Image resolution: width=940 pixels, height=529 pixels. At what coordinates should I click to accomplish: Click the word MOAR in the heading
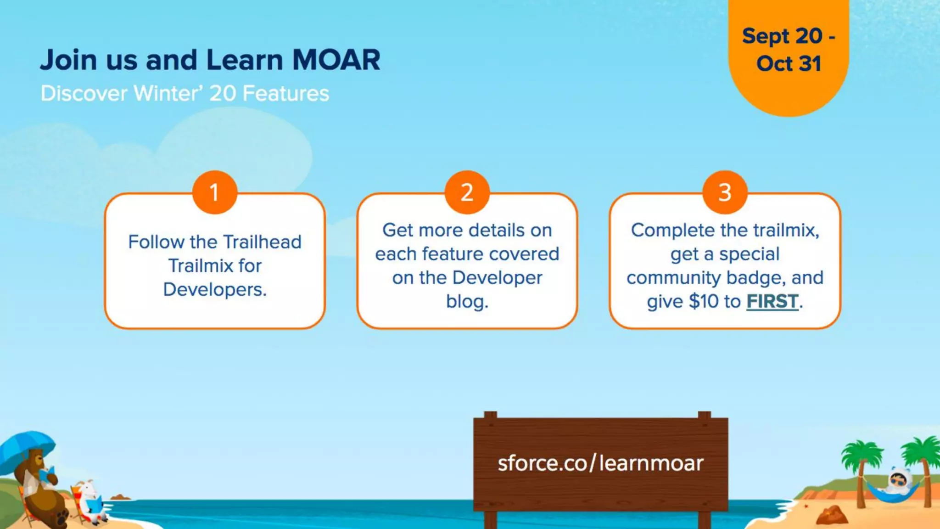(336, 60)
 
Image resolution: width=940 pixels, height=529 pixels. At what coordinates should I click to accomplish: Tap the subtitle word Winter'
(168, 93)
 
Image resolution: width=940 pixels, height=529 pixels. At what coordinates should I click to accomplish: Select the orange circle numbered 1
(214, 192)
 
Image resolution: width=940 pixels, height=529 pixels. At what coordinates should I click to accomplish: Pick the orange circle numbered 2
(467, 192)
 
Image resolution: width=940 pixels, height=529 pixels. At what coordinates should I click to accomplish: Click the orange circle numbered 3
(725, 192)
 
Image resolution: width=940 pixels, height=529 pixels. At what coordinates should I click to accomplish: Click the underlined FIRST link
(772, 302)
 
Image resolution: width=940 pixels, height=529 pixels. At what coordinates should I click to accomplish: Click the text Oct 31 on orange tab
(789, 63)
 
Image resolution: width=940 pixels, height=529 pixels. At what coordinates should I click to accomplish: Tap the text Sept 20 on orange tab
(782, 36)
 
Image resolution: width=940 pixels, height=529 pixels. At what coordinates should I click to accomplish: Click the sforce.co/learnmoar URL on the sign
(600, 463)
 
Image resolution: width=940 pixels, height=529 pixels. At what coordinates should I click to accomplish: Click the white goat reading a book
(90, 501)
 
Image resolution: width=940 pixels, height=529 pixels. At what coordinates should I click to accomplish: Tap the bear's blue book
(47, 473)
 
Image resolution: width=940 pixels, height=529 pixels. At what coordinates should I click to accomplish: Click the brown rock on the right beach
(832, 515)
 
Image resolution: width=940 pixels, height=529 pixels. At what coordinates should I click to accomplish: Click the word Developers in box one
(214, 290)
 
